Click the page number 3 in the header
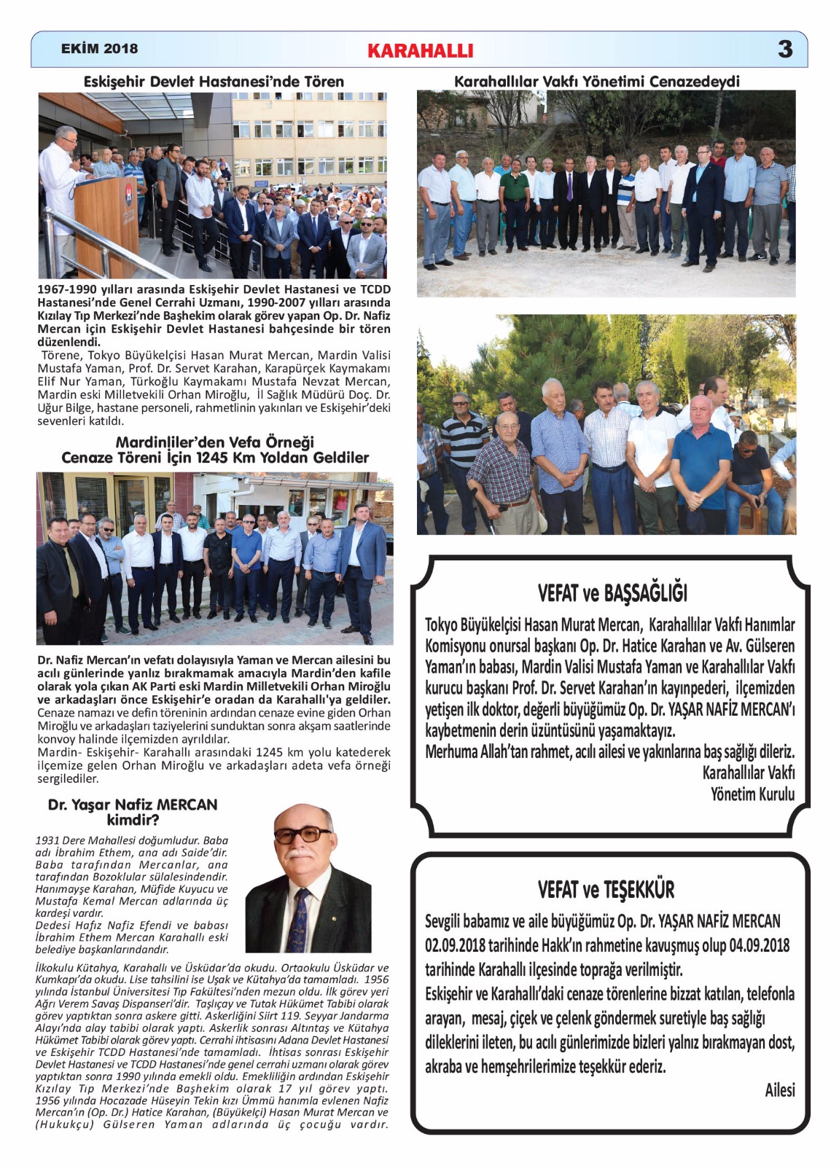coord(784,49)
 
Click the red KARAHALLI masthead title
coord(420,50)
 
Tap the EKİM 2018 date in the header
coord(99,49)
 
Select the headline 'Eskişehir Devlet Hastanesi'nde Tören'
coord(214,82)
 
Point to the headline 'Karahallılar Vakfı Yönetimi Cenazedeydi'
coord(596,81)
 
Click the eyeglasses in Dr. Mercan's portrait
coord(302,834)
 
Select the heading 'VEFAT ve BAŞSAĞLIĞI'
coord(612,593)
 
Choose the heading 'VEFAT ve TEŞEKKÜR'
coord(606,889)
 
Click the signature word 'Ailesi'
coord(779,1090)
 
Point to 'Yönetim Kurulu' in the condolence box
coord(752,794)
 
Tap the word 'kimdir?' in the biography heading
coord(133,820)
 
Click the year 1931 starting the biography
coord(48,840)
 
